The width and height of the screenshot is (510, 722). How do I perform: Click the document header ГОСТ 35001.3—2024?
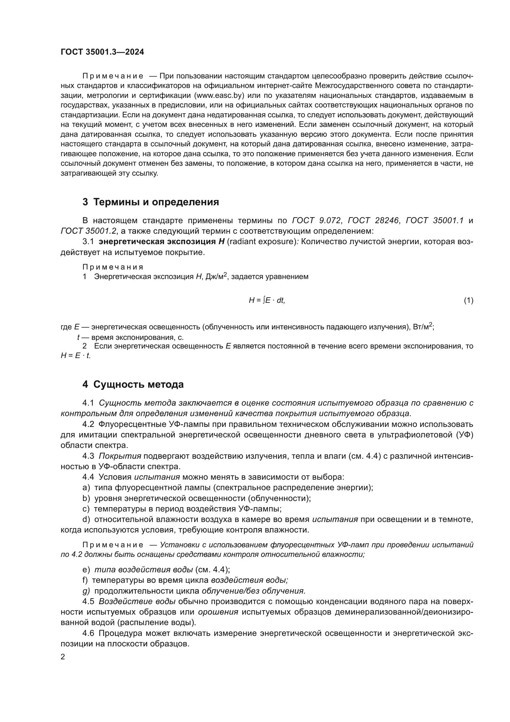point(102,52)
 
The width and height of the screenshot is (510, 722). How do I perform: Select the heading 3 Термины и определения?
point(151,202)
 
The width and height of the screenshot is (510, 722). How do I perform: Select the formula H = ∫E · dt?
point(267,301)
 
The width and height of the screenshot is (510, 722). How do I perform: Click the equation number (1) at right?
point(469,301)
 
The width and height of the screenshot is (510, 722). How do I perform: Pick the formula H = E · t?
point(75,356)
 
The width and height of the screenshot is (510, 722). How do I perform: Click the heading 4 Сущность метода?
point(133,384)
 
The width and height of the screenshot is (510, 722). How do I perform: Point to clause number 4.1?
point(88,403)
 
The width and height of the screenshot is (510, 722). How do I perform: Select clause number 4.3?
point(88,456)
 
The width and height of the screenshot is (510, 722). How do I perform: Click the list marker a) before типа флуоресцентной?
point(86,488)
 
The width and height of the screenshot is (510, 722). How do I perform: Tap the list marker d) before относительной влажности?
point(86,520)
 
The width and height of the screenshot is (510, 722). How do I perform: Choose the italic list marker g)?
point(86,591)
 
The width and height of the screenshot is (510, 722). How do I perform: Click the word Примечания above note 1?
point(113,267)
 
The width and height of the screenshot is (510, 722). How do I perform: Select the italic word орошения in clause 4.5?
point(218,612)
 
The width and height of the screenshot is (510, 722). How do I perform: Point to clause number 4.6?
point(88,633)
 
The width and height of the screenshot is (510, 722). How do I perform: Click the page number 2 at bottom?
point(63,657)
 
